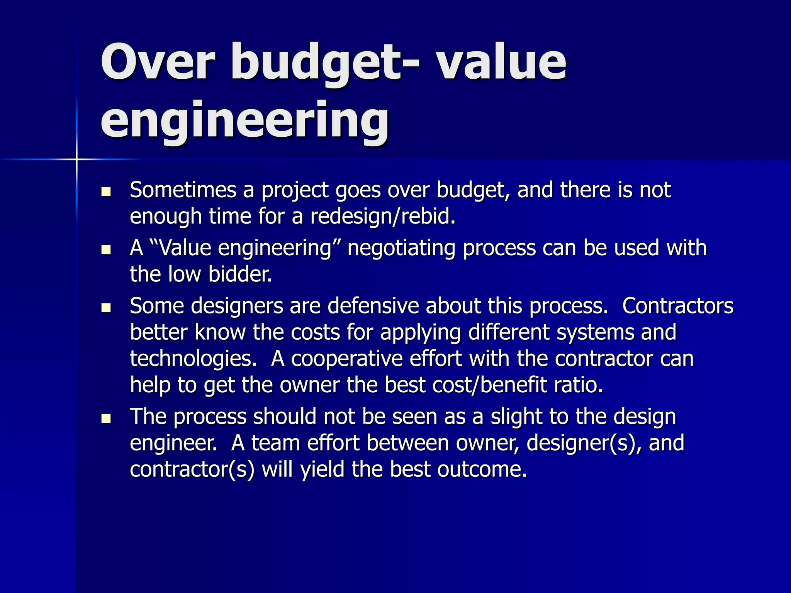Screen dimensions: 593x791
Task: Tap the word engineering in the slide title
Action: [x=245, y=120]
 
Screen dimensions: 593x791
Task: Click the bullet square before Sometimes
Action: [x=106, y=192]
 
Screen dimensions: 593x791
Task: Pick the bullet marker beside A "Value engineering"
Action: [x=106, y=250]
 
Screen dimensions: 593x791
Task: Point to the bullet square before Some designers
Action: [x=106, y=308]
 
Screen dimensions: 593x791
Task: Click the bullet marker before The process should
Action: [x=106, y=418]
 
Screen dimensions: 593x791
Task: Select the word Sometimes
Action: [x=183, y=190]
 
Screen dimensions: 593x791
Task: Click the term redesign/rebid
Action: [x=383, y=216]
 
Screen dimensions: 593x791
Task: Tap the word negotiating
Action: [x=402, y=248]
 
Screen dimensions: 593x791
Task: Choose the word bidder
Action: [x=240, y=274]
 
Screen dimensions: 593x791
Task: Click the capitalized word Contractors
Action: [x=678, y=306]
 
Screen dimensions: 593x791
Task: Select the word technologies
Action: [x=193, y=359]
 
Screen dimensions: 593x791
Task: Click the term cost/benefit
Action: [x=490, y=385]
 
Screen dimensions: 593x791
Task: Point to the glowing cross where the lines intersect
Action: [x=76, y=159]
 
